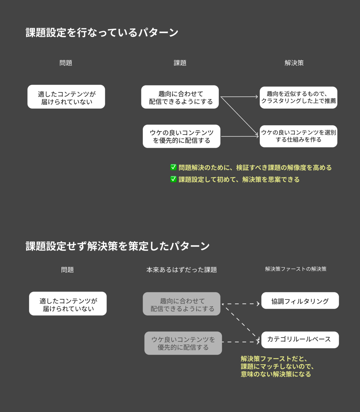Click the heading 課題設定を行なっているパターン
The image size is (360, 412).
pos(102,33)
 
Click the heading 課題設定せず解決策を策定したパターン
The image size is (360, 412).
pos(117,246)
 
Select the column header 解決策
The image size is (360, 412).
pos(294,63)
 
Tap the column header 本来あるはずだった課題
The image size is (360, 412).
pos(181,270)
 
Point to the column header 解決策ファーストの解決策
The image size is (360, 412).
pos(295,269)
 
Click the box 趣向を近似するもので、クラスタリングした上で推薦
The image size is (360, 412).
pos(299,98)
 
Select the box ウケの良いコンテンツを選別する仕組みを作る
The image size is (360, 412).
pos(299,136)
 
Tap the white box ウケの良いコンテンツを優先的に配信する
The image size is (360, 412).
pos(181,136)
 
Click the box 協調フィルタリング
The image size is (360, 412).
pos(300,300)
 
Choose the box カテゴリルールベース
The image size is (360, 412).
pos(300,340)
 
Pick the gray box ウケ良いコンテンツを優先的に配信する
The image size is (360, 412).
pos(183,343)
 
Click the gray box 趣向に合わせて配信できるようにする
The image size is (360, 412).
pos(181,304)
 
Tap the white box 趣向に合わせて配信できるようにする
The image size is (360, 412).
pos(180,97)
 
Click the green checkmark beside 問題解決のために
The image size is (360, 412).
pos(173,167)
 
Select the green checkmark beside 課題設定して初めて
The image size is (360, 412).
pos(173,179)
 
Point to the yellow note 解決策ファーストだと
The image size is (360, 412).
pos(277,366)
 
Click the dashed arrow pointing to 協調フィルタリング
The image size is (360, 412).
pos(240,304)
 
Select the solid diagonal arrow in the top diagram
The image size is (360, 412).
pos(239,116)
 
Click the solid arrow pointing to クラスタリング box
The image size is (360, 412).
pos(239,97)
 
